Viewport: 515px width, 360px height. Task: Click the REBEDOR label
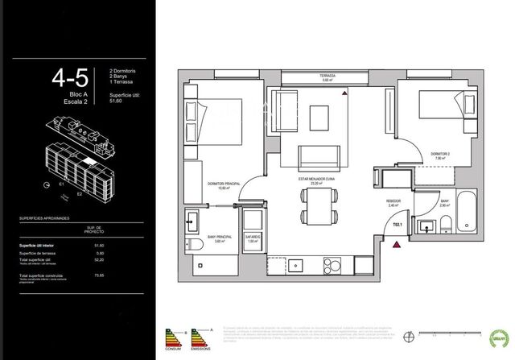[x=394, y=202]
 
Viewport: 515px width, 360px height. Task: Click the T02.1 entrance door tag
[x=396, y=235]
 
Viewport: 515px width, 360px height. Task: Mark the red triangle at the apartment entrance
[x=396, y=248]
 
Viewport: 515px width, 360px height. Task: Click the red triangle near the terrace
[x=344, y=94]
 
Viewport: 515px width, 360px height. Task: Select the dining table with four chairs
[x=313, y=206]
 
